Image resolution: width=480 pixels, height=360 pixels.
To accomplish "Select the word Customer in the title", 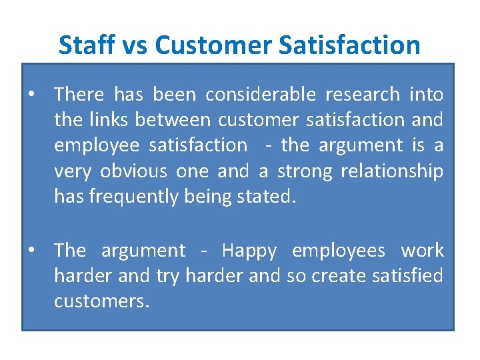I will pyautogui.click(x=213, y=45).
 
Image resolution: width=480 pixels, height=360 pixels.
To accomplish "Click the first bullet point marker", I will pyautogui.click(x=32, y=95).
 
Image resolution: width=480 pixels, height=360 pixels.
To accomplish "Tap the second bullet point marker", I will pyautogui.click(x=32, y=251).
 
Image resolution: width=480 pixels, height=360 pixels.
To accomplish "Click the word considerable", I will pyautogui.click(x=259, y=95).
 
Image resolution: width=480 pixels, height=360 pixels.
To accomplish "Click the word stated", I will pyautogui.click(x=267, y=197).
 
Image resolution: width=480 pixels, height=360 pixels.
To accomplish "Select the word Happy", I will pyautogui.click(x=249, y=251).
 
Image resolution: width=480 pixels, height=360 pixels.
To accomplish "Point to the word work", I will pyautogui.click(x=422, y=251).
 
